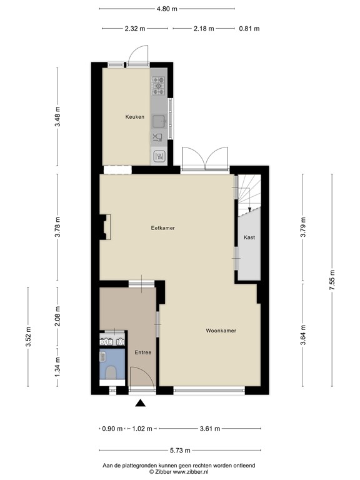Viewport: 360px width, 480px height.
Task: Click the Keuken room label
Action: (134, 117)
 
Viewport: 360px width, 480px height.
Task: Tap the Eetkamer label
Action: (162, 228)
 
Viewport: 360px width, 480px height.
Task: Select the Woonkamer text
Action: (222, 330)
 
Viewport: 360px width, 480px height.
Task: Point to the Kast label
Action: (249, 237)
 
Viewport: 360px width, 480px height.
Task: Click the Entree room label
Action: (143, 352)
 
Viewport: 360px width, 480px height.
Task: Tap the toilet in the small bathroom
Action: (112, 373)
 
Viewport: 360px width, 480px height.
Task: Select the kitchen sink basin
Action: (160, 118)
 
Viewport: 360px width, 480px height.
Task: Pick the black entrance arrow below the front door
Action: (141, 404)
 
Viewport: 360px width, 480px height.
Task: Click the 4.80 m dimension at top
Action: (166, 9)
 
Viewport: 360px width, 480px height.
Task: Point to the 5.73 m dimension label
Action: (180, 450)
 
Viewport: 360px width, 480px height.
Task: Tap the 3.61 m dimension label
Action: (209, 429)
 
